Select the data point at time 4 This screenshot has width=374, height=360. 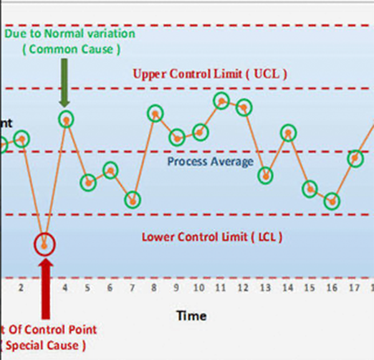coord(65,118)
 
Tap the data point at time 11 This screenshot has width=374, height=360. coord(221,100)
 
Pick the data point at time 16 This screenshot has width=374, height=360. coord(333,201)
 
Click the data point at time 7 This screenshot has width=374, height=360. coord(132,200)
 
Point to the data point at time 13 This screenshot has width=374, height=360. coord(266,176)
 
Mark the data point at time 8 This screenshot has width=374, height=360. coord(155,113)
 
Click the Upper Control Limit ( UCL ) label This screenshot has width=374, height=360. coord(209,74)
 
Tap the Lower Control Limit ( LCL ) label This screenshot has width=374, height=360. coord(212,237)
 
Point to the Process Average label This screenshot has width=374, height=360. coord(210,162)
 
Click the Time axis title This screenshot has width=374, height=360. coord(191,316)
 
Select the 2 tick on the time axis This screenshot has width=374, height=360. coord(21,288)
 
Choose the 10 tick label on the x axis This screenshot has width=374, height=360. coord(198,288)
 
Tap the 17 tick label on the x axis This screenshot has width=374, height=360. coord(354,288)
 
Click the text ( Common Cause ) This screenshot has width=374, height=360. coord(71,50)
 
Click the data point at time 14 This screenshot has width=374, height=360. coord(287,133)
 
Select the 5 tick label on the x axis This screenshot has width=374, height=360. coord(88,288)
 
